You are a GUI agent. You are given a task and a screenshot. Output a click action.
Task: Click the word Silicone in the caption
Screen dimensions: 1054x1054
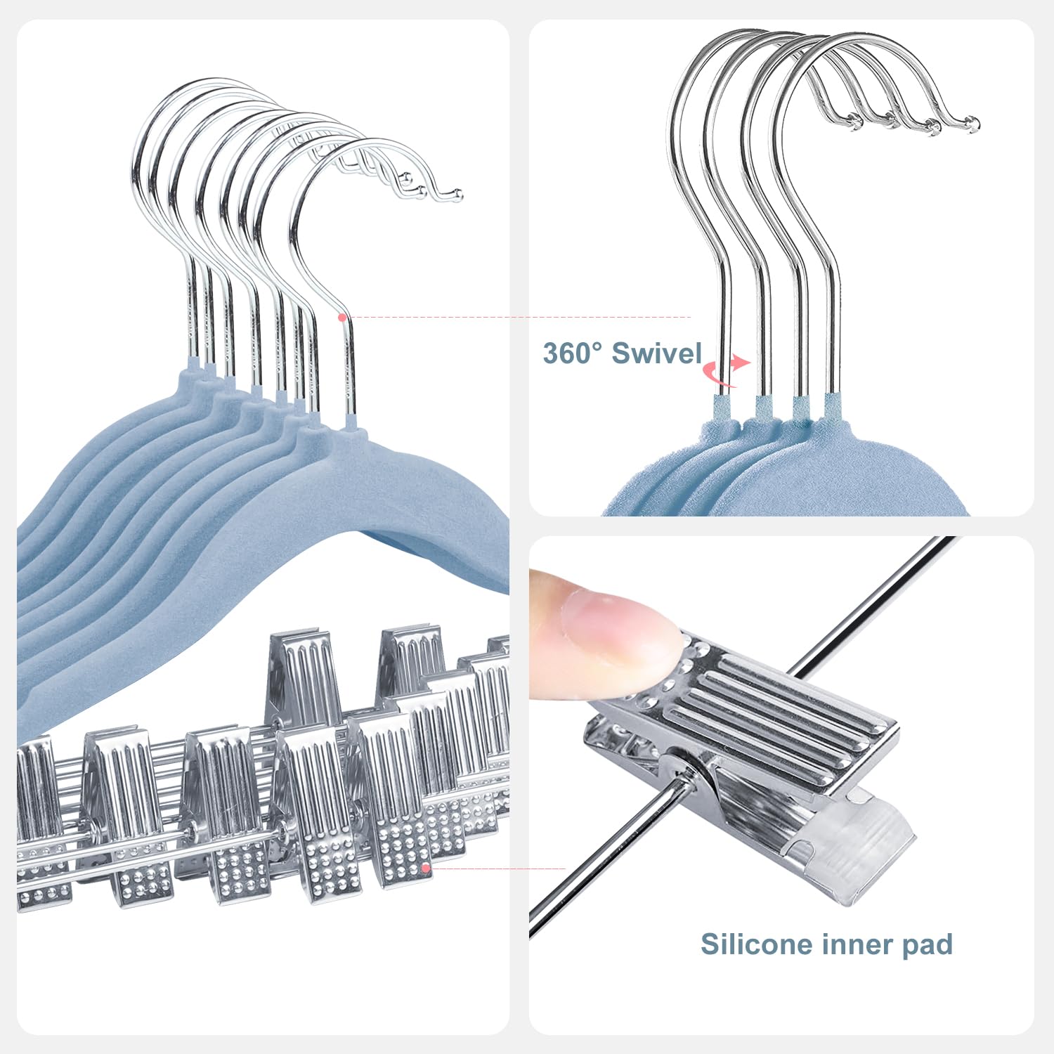point(751,944)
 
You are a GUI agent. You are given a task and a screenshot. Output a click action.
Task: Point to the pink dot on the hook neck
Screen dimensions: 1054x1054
point(342,318)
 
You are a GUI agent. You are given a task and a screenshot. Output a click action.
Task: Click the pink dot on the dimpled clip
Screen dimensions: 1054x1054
point(425,868)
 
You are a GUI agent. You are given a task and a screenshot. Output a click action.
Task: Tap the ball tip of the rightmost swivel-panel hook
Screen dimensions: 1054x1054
point(974,124)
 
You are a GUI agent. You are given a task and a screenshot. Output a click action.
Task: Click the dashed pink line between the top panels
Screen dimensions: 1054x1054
point(520,318)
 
